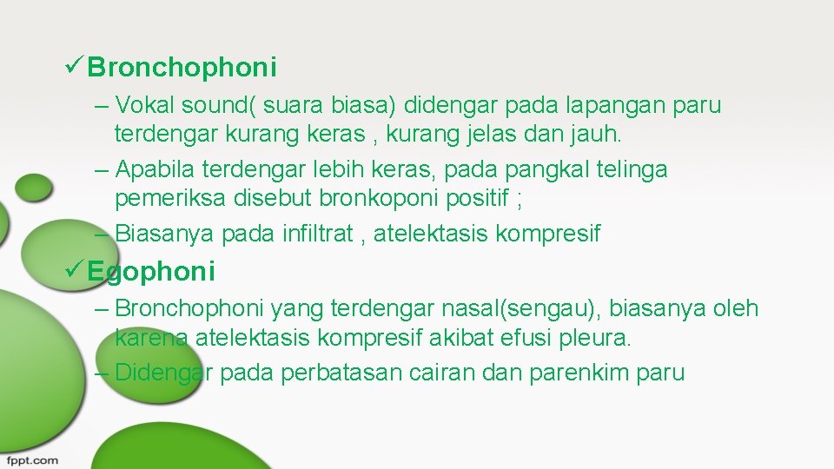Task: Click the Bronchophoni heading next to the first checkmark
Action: [x=182, y=67]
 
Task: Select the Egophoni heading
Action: [x=151, y=272]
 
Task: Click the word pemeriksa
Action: [x=170, y=200]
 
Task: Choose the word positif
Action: [x=480, y=199]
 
